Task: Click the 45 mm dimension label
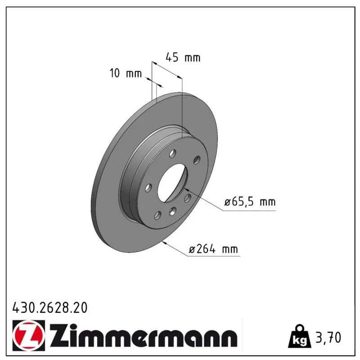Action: click(183, 58)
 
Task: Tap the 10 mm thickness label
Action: click(126, 73)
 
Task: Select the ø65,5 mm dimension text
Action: click(250, 202)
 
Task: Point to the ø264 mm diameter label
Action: click(213, 249)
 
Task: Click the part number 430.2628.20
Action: click(50, 308)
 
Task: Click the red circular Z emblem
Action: click(28, 335)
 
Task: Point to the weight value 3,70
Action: click(328, 338)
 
